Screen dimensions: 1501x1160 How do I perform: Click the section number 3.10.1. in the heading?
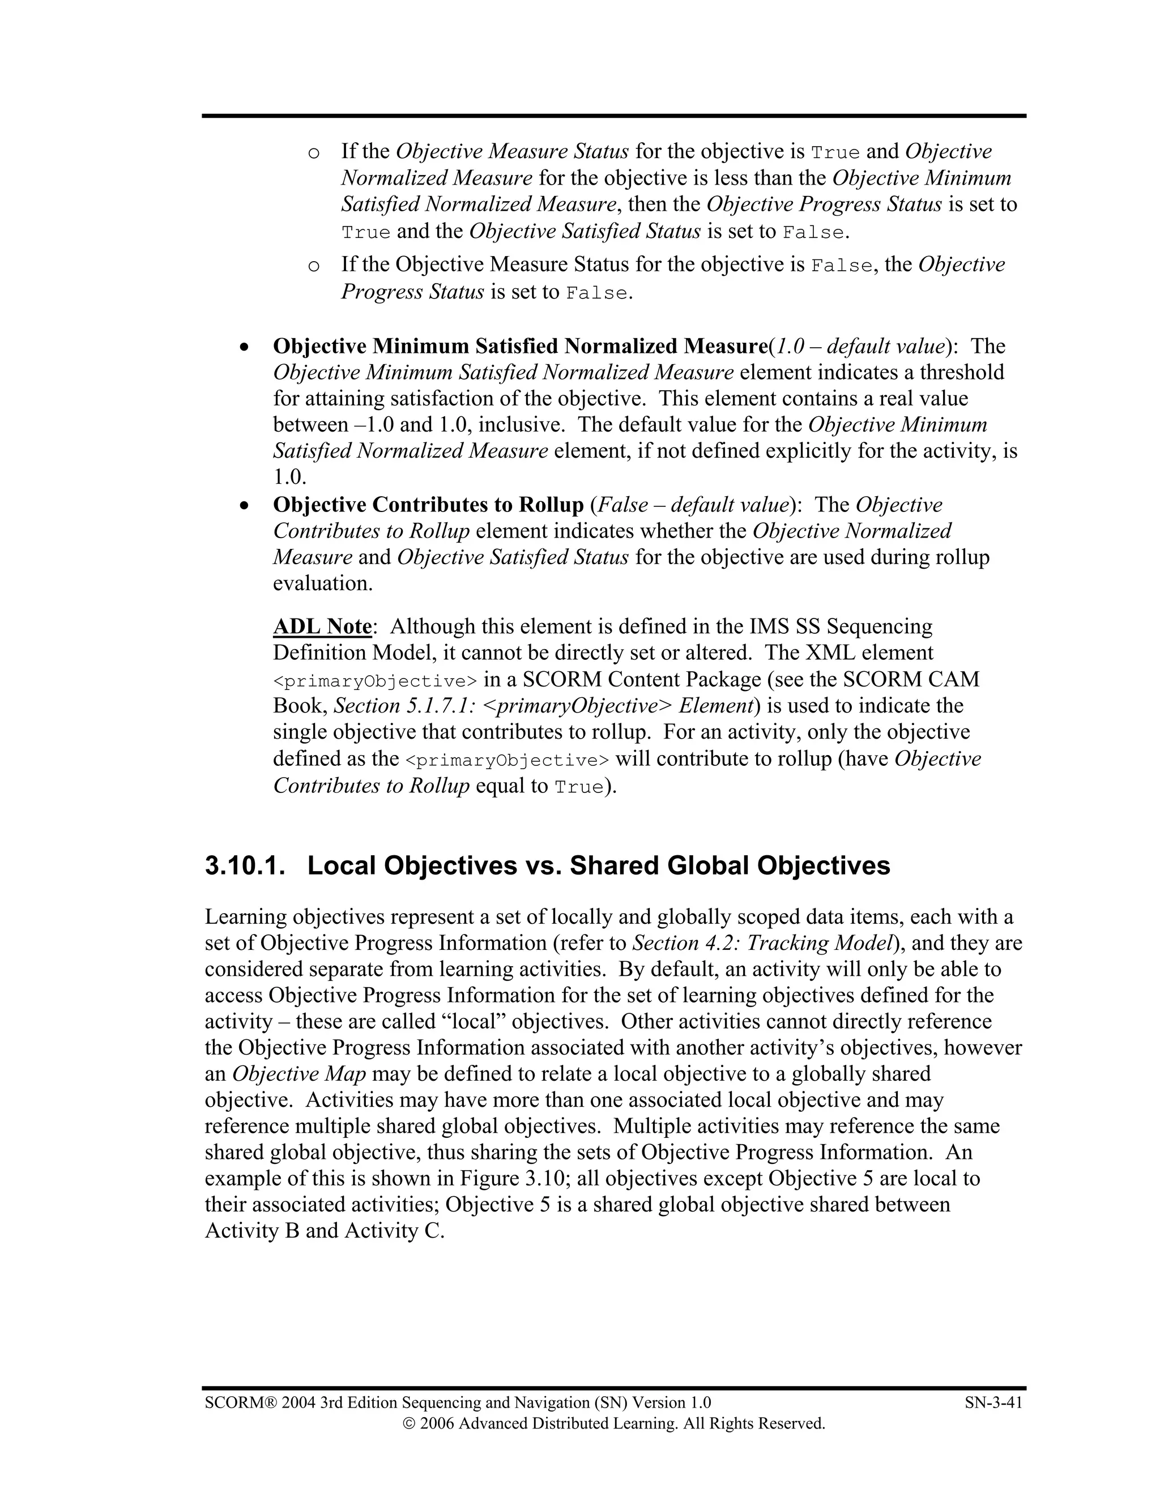tap(245, 865)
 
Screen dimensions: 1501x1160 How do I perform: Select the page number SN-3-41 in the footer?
tap(993, 1402)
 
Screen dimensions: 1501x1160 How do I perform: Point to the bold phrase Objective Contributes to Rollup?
tap(428, 505)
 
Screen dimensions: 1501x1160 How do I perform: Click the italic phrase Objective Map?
tap(299, 1073)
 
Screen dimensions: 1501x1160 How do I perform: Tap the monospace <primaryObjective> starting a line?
tap(374, 681)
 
